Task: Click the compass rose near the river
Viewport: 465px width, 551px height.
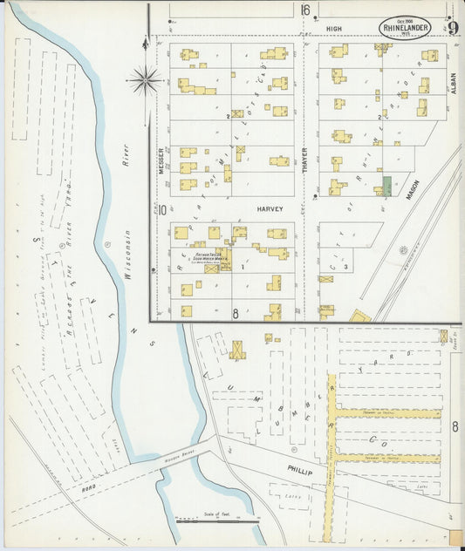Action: tap(145, 80)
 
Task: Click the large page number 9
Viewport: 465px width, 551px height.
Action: tap(453, 28)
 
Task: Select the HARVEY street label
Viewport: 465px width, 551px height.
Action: tap(270, 210)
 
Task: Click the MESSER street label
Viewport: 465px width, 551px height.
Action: tap(162, 160)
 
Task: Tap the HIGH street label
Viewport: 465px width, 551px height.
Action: tap(335, 29)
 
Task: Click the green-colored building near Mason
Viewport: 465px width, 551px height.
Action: tap(386, 185)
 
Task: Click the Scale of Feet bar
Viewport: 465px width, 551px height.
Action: tap(217, 520)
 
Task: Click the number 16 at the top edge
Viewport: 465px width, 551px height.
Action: tap(305, 10)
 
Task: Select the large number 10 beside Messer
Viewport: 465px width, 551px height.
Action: tap(162, 210)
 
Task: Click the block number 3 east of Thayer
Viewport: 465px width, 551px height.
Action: tap(345, 265)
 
